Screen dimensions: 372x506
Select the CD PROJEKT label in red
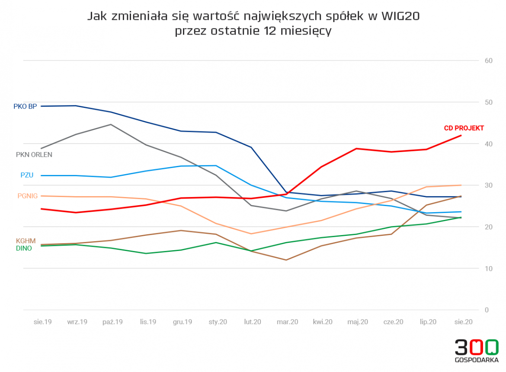tap(464, 128)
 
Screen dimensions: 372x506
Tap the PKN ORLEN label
tap(34, 155)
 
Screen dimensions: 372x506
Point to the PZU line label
tap(27, 175)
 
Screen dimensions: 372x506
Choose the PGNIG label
tap(28, 196)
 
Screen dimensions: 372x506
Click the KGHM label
tap(26, 241)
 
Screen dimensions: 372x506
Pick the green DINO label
tap(24, 248)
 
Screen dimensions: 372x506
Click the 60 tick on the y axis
tap(489, 61)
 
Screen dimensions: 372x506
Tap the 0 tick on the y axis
tap(487, 310)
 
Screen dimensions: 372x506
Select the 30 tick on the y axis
tap(489, 185)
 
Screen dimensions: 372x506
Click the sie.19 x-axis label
tap(43, 322)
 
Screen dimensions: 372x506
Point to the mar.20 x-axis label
tap(287, 322)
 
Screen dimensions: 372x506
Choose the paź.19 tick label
tap(112, 322)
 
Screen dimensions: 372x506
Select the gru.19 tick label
tap(183, 322)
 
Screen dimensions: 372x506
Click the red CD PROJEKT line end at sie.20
tap(461, 136)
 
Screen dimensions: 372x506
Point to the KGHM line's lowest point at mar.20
tap(286, 260)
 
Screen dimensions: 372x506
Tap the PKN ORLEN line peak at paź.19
tap(111, 124)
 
